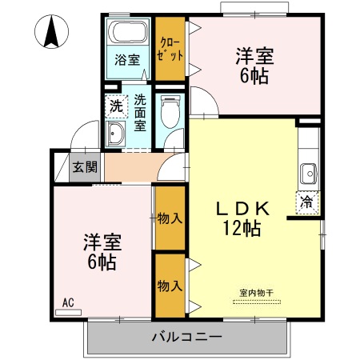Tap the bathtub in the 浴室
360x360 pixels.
coord(128,34)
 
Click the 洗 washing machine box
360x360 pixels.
coord(115,106)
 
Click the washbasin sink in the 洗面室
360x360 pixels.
coord(116,134)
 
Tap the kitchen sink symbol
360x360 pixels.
coord(308,173)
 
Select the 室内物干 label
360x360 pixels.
coord(257,293)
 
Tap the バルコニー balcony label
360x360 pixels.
coord(186,337)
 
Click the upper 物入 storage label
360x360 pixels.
coord(169,218)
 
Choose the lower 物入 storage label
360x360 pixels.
coord(169,285)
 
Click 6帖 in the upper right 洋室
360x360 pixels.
coord(254,76)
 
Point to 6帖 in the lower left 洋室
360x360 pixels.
coord(102,261)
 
